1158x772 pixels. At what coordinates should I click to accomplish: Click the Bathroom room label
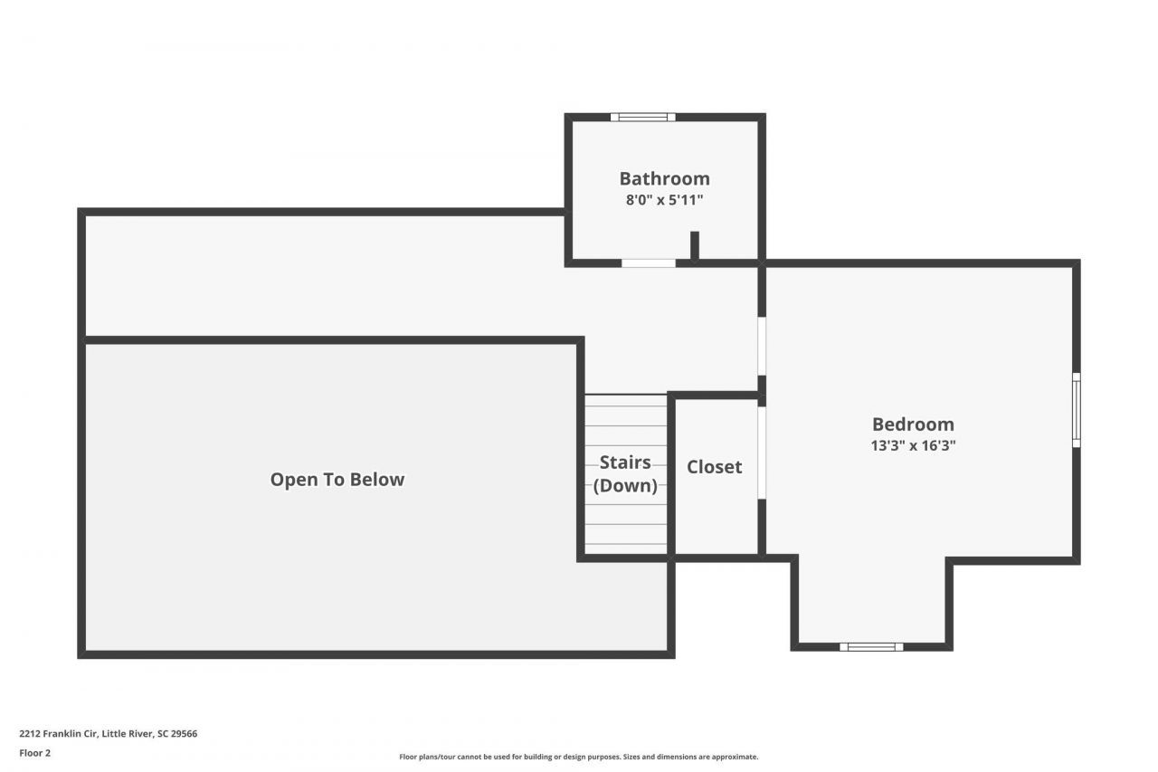point(664,178)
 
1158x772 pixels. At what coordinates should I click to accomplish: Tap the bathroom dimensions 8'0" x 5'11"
point(664,200)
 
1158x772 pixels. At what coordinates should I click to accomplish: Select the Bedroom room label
point(913,424)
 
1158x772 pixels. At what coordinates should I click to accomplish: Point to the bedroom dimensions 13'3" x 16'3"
point(913,445)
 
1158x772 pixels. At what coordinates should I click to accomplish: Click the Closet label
point(714,467)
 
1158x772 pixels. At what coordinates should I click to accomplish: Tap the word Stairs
point(625,462)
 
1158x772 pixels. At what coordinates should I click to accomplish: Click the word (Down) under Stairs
point(625,486)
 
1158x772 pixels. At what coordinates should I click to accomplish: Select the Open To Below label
point(337,480)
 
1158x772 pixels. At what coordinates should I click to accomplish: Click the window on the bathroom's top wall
point(642,117)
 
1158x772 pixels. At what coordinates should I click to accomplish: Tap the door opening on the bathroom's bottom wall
point(648,263)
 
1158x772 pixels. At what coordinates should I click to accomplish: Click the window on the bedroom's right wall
point(1077,410)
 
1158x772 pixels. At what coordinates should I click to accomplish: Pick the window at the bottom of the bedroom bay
point(871,646)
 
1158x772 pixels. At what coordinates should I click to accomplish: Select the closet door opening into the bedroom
point(762,453)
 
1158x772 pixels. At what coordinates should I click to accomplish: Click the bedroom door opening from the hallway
point(762,346)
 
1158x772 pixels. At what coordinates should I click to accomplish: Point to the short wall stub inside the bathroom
point(695,245)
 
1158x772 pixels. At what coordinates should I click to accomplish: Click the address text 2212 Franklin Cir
point(59,734)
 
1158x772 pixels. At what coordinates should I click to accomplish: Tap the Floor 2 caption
point(35,752)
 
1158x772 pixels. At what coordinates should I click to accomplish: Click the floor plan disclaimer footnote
point(579,757)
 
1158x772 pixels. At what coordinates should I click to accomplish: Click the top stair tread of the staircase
point(625,400)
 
